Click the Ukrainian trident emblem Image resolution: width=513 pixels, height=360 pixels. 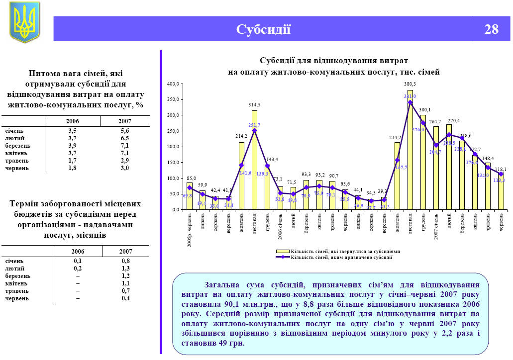[x=24, y=22]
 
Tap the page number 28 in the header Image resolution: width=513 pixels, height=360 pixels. [x=491, y=29]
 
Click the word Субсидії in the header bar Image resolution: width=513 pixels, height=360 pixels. [x=263, y=29]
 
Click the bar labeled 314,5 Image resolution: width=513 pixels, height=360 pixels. [x=254, y=159]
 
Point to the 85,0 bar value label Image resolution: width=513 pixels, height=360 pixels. [x=191, y=178]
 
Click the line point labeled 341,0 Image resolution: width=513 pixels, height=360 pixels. [x=410, y=102]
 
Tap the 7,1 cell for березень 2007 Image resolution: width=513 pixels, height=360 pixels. [x=124, y=146]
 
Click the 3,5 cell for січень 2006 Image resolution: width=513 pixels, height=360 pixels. [x=72, y=131]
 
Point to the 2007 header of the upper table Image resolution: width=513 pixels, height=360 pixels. [x=124, y=121]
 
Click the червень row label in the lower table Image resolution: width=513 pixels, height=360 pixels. [x=17, y=298]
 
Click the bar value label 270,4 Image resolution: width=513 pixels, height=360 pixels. [x=453, y=120]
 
